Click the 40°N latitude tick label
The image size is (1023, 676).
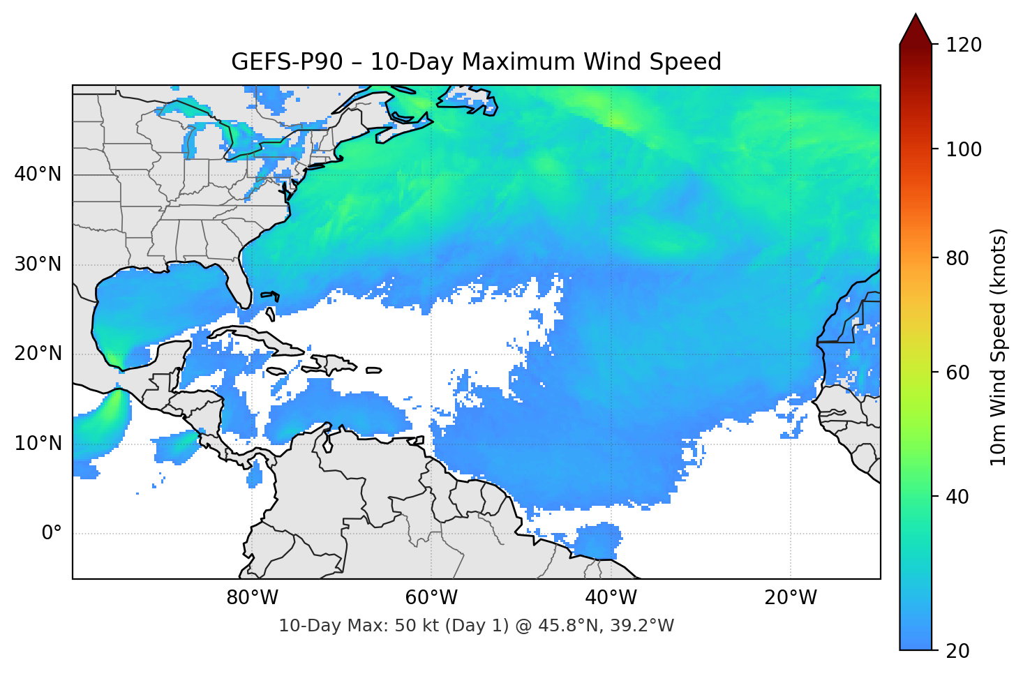coord(38,174)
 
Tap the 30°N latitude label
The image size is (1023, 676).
coord(38,264)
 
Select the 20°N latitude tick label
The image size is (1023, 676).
coord(38,354)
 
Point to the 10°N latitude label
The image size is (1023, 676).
coord(38,444)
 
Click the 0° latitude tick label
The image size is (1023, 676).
coord(52,534)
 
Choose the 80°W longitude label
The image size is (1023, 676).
coord(252,598)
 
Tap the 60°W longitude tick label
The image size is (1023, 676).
coord(431,598)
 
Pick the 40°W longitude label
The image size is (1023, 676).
coord(611,598)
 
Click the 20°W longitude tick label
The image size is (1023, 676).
coord(791,598)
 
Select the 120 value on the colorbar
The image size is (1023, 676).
coord(964,45)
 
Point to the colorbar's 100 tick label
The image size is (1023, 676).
coord(964,149)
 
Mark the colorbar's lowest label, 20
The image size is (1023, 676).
coord(957,651)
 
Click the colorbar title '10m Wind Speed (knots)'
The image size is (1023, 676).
coord(999,347)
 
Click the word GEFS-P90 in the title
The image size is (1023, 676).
coord(287,62)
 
